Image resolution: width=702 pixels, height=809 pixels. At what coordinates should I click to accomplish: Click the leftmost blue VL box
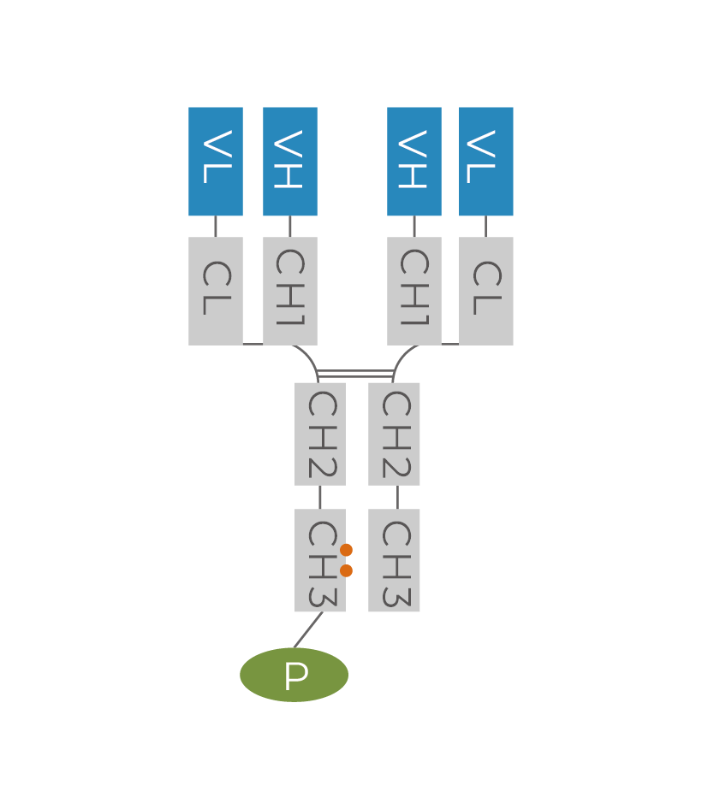216,161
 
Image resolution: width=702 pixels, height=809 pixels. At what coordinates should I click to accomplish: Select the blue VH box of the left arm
290,161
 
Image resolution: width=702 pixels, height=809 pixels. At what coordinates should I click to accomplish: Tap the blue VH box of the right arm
414,161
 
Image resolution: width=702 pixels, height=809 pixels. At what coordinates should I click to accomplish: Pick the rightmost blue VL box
486,161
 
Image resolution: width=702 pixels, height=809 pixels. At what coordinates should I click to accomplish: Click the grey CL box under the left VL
216,291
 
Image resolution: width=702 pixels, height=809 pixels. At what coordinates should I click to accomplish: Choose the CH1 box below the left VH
290,291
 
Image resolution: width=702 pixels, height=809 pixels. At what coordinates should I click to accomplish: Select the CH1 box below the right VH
414,291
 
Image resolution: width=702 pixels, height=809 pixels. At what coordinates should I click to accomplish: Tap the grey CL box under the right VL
486,291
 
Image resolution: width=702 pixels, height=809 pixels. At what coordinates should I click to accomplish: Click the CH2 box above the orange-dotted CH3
320,434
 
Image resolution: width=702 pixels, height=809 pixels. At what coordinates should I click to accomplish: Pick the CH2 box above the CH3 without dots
395,434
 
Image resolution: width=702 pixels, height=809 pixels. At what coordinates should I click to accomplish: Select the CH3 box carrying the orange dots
317,560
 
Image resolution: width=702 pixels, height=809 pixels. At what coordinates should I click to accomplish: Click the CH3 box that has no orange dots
395,560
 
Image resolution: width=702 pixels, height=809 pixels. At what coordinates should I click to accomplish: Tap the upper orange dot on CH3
346,550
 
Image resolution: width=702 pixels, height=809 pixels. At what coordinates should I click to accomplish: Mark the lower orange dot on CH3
346,570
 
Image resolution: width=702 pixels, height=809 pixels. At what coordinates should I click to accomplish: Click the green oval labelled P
294,675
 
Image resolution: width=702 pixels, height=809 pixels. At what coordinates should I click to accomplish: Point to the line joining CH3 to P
308,630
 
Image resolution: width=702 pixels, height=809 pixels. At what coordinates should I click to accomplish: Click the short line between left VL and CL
216,227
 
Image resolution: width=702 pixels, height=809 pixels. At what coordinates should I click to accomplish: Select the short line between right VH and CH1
414,227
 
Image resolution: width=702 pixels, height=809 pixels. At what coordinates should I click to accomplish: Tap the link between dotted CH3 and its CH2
320,497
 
